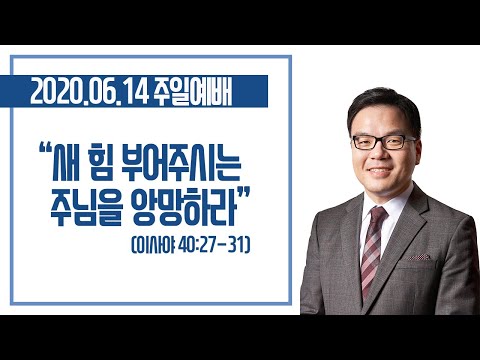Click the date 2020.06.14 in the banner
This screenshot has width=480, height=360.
tap(89, 92)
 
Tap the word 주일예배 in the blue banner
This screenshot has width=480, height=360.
tap(193, 92)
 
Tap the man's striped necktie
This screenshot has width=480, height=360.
tap(373, 250)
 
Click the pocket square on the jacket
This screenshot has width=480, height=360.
tap(419, 257)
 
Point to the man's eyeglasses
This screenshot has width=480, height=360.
tap(384, 142)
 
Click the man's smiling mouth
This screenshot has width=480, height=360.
tap(379, 171)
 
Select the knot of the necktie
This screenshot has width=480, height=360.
tap(378, 213)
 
